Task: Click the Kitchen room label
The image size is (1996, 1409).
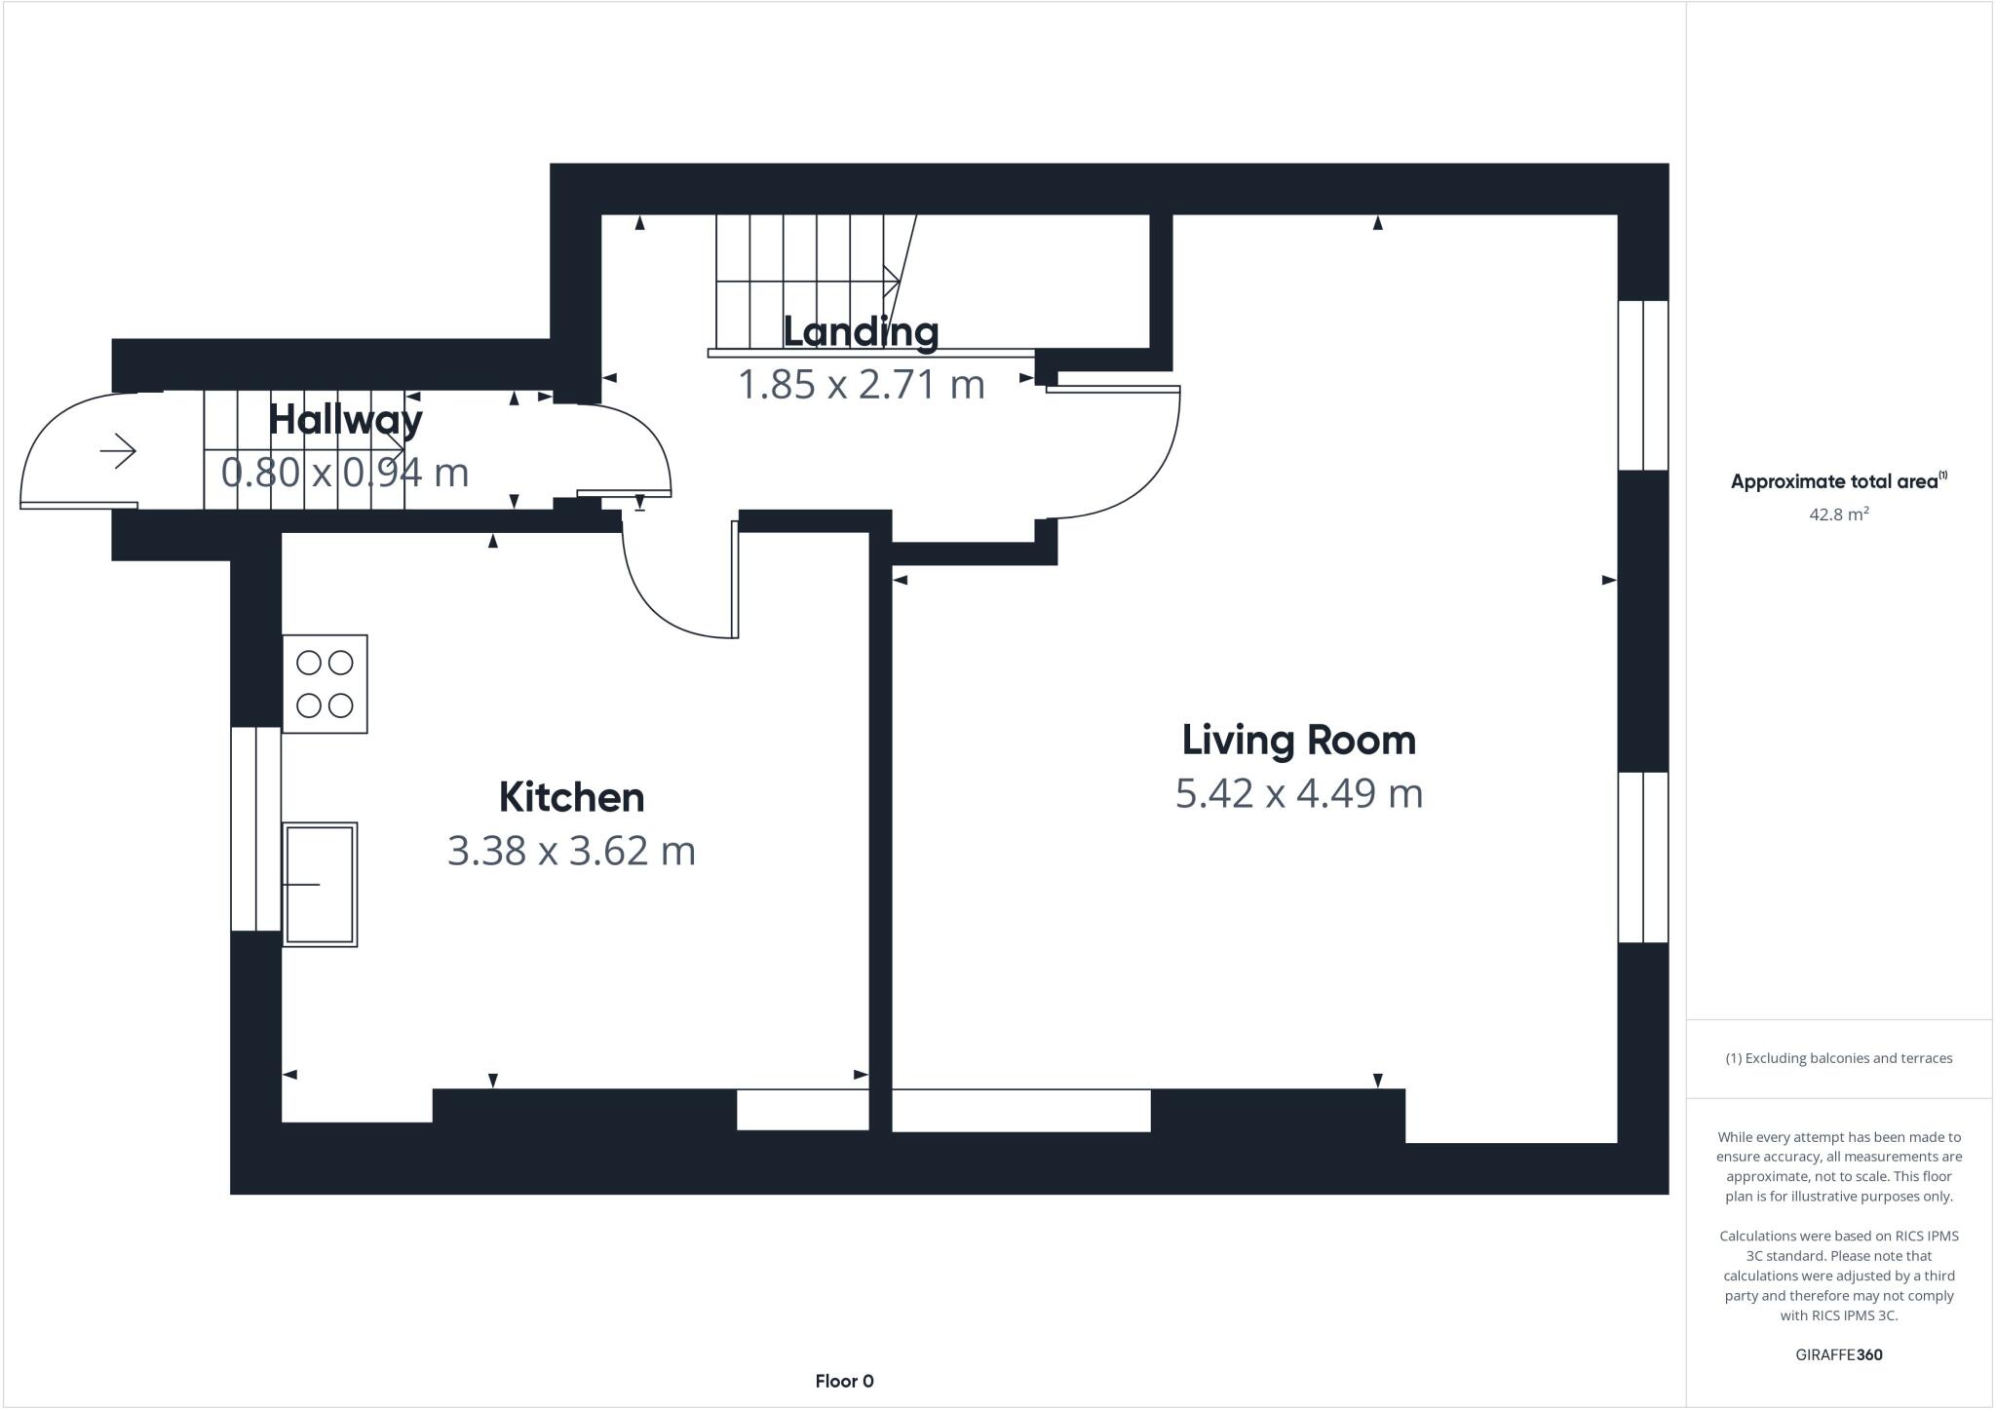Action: [x=571, y=797]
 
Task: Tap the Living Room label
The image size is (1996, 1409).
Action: [x=1298, y=741]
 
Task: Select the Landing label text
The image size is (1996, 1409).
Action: [x=861, y=331]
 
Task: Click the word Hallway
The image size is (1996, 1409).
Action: [x=345, y=420]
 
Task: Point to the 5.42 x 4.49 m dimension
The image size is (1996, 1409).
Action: [x=1298, y=793]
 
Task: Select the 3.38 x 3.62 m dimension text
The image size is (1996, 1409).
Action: [x=571, y=851]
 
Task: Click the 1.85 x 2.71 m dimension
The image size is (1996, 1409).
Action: [x=861, y=384]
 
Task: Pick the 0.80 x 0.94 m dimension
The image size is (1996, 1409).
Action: [x=345, y=473]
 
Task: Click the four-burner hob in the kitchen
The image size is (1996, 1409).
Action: [x=325, y=684]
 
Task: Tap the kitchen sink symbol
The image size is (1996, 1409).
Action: [x=320, y=884]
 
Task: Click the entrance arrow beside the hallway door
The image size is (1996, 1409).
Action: [x=118, y=451]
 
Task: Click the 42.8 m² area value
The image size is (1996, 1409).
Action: [x=1838, y=514]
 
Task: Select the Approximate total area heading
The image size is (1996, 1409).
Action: [x=1838, y=481]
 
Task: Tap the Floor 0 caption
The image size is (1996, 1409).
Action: [x=844, y=1381]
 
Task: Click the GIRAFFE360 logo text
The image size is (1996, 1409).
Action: [x=1838, y=1354]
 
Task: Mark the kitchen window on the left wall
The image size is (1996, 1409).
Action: [x=255, y=828]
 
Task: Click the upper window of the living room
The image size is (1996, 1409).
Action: [x=1643, y=385]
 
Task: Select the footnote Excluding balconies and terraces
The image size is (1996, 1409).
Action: [x=1838, y=1058]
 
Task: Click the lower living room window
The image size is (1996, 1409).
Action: [x=1643, y=857]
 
